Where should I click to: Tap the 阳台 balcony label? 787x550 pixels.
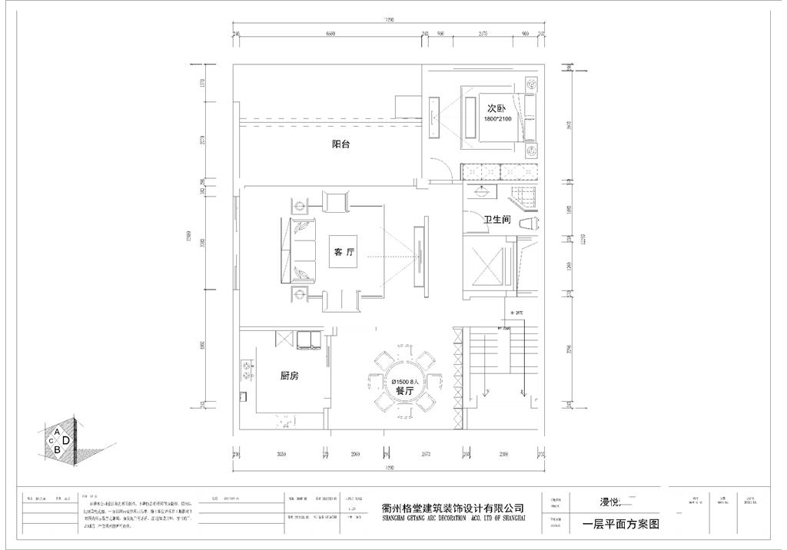340,144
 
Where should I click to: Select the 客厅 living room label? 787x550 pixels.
344,252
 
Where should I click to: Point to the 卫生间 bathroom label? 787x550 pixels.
497,220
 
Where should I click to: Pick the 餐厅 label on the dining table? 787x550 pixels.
404,391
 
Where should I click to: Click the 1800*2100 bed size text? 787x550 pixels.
497,120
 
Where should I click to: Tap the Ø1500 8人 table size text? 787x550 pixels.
404,381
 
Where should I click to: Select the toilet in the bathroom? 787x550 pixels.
530,224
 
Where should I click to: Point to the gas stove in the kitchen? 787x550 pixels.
247,370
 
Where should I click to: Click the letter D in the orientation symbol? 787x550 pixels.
66,440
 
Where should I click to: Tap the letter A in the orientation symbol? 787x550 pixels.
57,431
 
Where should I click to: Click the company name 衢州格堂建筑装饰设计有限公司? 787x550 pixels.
453,508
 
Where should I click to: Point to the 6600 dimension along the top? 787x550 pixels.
330,34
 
